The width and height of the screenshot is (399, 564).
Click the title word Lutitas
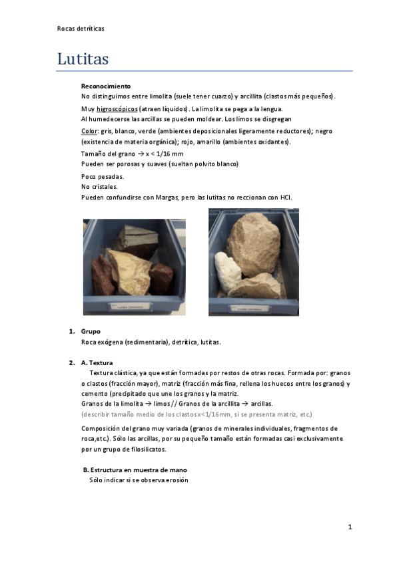coord(83,59)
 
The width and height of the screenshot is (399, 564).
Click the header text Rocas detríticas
coord(81,29)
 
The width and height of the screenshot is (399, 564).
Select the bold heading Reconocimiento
coord(105,86)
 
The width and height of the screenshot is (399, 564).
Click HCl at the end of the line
coord(286,198)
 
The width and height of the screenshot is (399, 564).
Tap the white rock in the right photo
coord(228,270)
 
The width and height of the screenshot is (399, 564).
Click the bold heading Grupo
coord(91,331)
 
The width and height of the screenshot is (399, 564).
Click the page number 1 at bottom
coord(349,527)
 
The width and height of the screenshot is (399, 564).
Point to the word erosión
coord(175,480)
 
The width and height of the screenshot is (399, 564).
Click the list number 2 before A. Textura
coord(71,363)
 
